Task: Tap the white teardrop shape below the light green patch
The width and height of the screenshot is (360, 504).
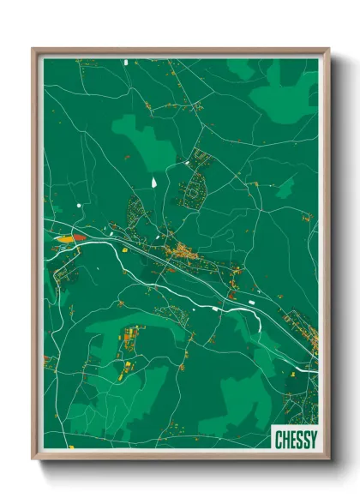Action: pos(154,182)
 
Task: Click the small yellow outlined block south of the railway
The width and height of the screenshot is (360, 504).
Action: pos(123,249)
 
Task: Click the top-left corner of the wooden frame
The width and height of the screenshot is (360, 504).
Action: pos(33,50)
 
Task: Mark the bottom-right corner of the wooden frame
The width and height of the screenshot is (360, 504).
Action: pos(328,460)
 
